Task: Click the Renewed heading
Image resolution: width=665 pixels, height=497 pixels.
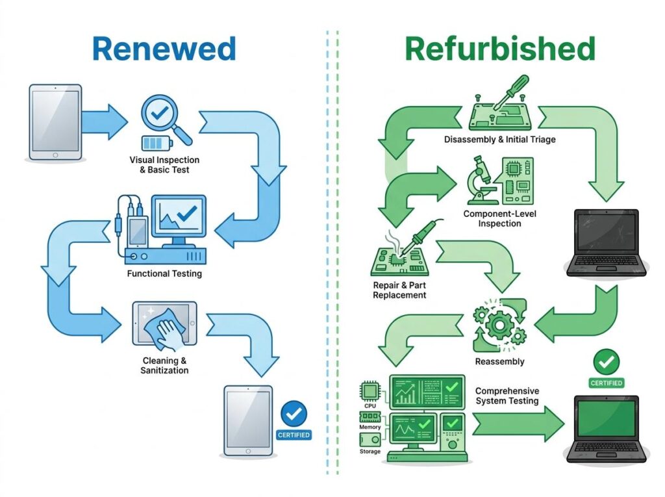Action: tap(164, 49)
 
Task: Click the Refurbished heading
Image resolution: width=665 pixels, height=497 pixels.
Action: tap(500, 49)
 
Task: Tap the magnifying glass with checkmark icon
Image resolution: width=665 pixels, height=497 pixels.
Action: tap(163, 117)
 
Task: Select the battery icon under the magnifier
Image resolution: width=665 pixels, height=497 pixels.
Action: tap(157, 143)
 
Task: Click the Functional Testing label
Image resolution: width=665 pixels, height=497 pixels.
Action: tap(164, 274)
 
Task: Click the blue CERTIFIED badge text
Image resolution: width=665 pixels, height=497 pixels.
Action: tap(294, 435)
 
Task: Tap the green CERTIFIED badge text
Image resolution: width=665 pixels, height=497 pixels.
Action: tap(607, 383)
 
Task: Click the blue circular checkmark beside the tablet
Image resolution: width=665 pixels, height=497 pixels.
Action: tap(294, 414)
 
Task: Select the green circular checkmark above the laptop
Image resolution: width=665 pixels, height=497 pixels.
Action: tap(607, 362)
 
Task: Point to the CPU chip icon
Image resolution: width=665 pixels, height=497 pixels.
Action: tap(370, 390)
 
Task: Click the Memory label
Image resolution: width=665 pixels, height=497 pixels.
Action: tap(370, 427)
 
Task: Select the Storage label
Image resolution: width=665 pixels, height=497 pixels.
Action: tap(370, 451)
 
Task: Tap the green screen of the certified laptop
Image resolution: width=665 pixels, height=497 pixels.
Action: tap(607, 418)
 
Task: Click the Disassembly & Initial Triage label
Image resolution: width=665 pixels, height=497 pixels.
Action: tap(499, 140)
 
